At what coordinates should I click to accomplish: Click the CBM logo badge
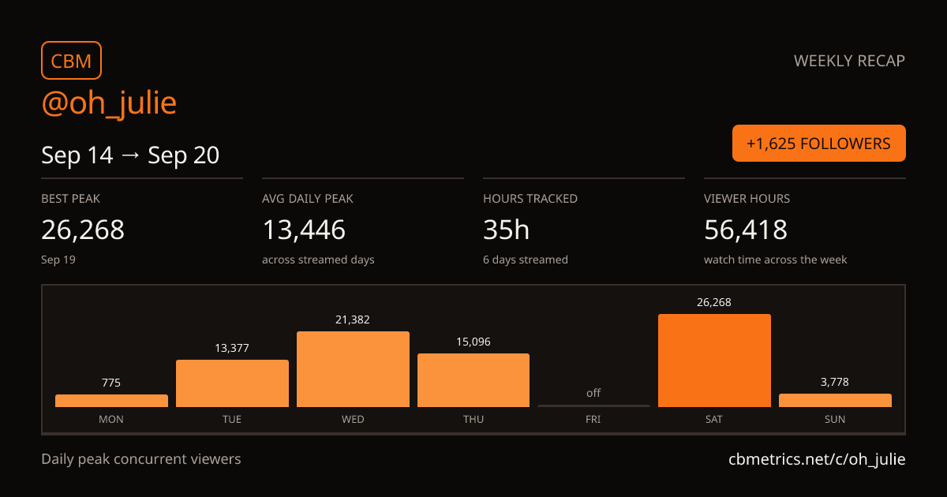point(72,61)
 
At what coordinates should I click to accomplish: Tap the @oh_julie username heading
point(109,103)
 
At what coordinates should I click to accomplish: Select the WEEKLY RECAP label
point(849,61)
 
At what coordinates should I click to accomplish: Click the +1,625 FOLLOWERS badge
point(819,144)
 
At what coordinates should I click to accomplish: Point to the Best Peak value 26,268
point(83,230)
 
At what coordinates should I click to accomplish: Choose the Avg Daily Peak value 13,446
point(304,230)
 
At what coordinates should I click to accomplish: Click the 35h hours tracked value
point(506,230)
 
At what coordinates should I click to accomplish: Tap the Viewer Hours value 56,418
point(746,230)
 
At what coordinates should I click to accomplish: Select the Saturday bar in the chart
point(714,361)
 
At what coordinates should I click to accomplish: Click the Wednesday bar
point(353,369)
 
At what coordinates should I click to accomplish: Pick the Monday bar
point(111,401)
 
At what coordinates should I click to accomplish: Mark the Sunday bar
point(836,401)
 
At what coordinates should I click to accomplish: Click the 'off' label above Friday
point(593,393)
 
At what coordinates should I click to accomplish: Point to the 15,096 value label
point(473,342)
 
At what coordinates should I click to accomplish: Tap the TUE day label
point(232,419)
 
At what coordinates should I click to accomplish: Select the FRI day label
point(593,419)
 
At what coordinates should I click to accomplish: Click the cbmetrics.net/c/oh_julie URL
point(817,459)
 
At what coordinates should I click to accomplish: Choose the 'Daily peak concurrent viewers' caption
point(141,459)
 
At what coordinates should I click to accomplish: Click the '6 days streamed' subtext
point(526,260)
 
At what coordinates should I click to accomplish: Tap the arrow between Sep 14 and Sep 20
point(130,155)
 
